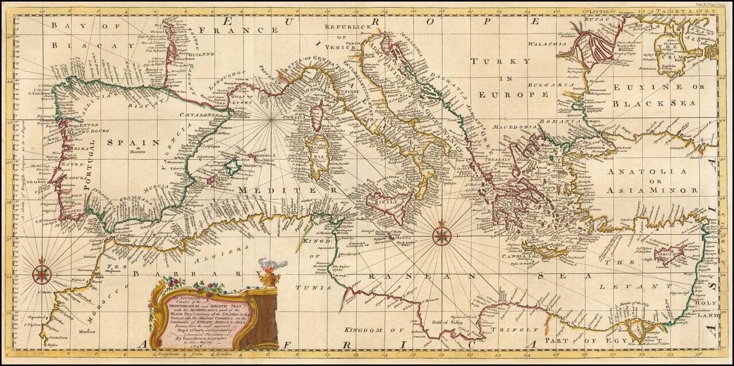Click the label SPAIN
point(139,142)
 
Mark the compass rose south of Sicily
point(441,235)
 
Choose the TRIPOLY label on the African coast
point(521,330)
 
